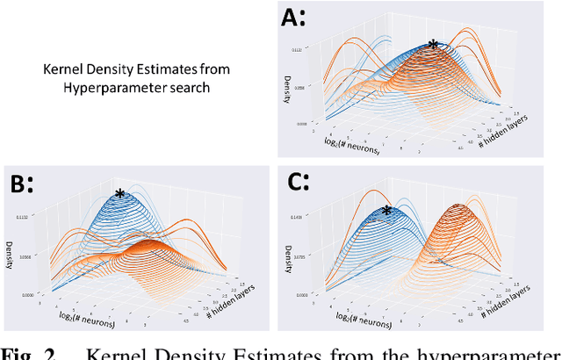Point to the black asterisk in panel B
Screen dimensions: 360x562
120,195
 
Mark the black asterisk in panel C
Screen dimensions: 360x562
386,211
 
